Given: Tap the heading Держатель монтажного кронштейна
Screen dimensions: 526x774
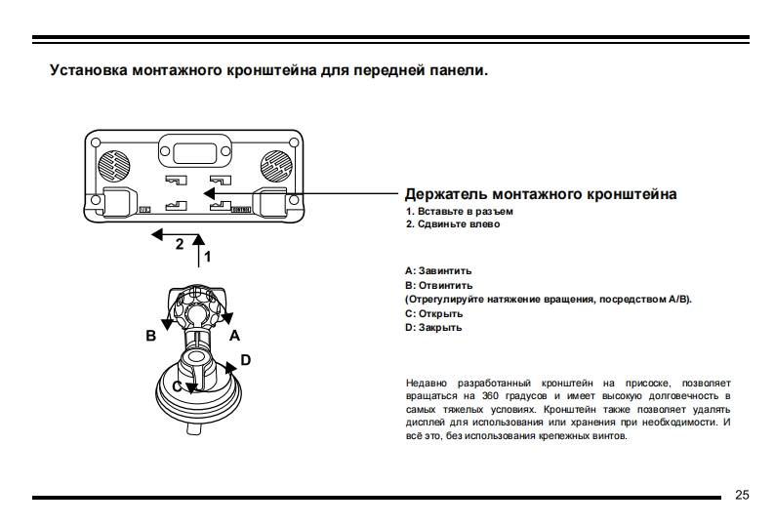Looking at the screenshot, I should click(x=540, y=194).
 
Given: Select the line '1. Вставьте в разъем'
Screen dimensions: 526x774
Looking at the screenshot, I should click(x=459, y=211).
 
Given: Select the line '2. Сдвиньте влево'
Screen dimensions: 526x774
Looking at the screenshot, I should click(x=452, y=224).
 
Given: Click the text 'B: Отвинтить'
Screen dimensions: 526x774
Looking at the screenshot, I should click(x=438, y=285).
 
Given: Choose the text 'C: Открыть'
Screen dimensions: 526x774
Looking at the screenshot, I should click(x=433, y=313).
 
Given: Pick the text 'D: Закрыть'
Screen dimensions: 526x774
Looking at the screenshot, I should click(x=433, y=328).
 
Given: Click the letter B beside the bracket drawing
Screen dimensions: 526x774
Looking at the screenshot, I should click(x=150, y=336).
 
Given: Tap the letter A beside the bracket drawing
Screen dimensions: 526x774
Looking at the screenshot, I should click(x=234, y=334).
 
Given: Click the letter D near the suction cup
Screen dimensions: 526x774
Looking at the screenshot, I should click(x=245, y=360).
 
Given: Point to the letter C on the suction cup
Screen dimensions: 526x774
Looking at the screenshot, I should click(x=178, y=386).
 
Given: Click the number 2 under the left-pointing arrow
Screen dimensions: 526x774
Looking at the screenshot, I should click(x=180, y=245).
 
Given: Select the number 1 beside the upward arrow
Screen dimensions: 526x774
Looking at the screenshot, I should click(x=208, y=256).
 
